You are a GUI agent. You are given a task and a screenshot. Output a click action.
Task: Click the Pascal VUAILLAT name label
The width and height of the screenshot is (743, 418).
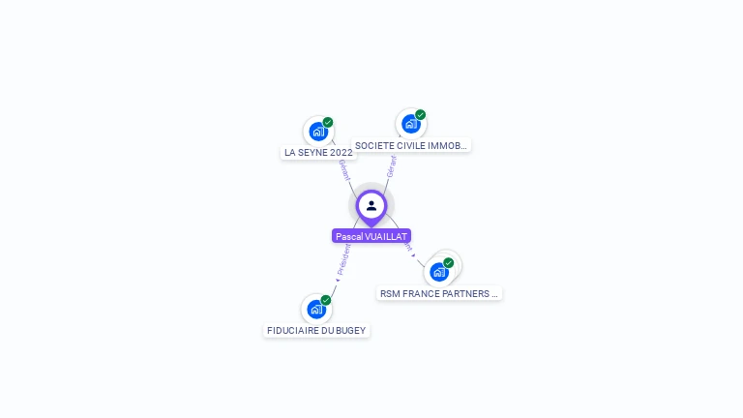[x=371, y=236]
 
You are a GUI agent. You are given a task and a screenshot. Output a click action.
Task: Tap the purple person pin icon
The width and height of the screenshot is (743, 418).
[x=371, y=205]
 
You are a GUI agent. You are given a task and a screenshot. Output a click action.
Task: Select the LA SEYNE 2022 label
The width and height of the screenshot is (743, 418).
[x=318, y=153]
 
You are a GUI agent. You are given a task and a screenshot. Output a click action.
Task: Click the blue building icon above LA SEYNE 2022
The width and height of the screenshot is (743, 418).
[x=316, y=132]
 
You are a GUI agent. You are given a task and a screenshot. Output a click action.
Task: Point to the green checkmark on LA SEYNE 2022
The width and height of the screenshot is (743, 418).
[x=328, y=123]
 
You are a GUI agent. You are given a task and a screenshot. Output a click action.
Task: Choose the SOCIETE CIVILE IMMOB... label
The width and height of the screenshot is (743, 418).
[x=411, y=146]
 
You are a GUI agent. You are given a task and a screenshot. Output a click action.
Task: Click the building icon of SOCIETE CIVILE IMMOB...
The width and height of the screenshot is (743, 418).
[x=410, y=124]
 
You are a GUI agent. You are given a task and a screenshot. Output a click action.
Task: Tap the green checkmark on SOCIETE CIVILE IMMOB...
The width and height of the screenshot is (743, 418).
[x=421, y=115]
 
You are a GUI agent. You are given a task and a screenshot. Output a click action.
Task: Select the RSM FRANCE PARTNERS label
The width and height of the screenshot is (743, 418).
[x=439, y=293]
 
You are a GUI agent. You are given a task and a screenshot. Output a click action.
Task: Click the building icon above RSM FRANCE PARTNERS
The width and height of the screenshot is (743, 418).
[x=438, y=272]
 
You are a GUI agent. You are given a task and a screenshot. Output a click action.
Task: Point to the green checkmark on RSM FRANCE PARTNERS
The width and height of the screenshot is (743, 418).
[x=449, y=263]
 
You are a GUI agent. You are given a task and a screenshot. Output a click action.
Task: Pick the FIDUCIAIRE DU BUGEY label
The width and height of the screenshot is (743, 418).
[x=316, y=330]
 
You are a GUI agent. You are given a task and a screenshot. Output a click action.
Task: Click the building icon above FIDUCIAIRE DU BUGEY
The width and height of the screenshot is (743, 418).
[x=315, y=310]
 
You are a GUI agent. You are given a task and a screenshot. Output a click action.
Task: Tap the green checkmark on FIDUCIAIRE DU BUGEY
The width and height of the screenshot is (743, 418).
[x=326, y=300]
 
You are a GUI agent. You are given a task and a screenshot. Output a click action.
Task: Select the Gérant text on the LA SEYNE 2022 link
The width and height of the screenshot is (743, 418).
[x=343, y=171]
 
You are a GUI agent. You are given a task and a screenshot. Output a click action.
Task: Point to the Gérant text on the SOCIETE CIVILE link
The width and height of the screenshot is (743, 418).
[x=391, y=165]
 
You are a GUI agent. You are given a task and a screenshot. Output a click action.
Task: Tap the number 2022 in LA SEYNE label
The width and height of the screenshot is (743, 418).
[x=342, y=153]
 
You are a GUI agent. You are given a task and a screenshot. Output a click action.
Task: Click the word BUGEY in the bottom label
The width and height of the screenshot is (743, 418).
[x=351, y=330]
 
